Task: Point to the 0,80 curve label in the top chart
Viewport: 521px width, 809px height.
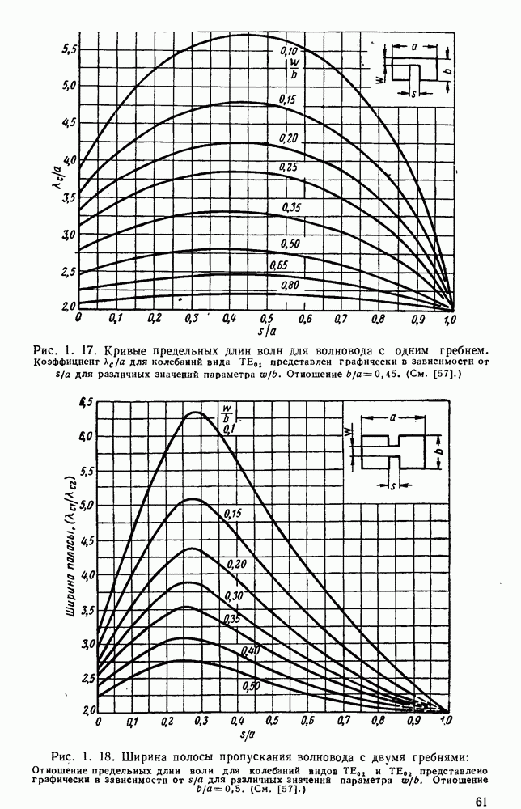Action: click(x=290, y=286)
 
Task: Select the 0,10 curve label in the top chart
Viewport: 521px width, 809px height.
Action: click(x=289, y=52)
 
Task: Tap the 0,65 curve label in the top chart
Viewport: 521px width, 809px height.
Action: click(x=290, y=265)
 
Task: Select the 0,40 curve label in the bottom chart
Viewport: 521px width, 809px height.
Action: click(x=250, y=651)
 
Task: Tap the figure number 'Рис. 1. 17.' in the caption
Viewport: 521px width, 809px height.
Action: click(x=61, y=350)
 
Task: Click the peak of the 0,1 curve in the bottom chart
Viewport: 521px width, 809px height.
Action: click(x=196, y=413)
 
